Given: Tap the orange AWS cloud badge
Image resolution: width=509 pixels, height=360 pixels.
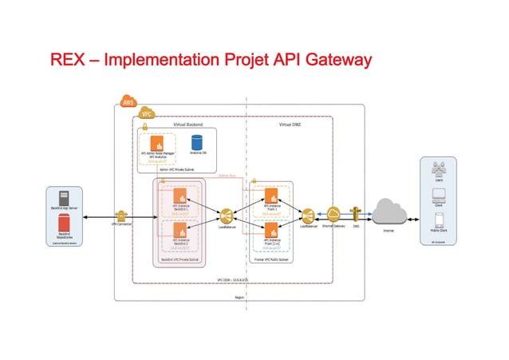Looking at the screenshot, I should click(x=127, y=101).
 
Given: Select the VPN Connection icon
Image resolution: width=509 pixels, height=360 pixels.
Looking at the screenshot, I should click(x=121, y=216).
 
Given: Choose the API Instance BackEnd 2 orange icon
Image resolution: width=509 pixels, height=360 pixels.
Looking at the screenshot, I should click(x=180, y=231).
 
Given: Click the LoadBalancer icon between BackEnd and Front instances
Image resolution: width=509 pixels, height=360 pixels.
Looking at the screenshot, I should click(x=226, y=216).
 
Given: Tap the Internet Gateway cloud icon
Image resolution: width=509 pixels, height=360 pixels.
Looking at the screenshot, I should click(x=333, y=214).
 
